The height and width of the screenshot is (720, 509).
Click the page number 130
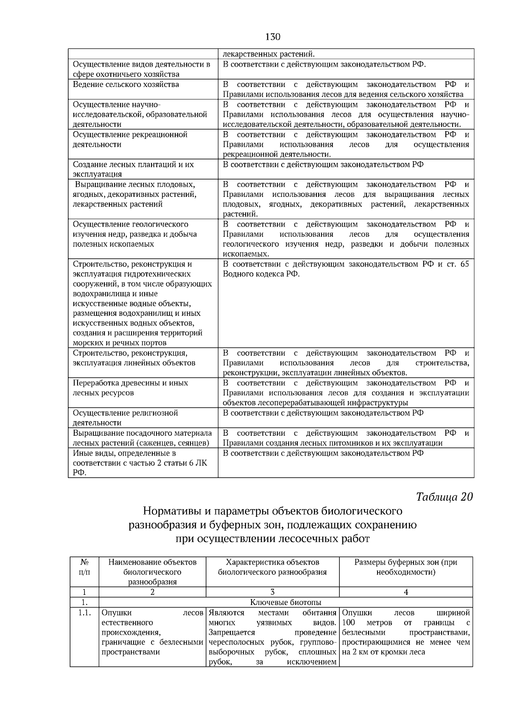(x=273, y=37)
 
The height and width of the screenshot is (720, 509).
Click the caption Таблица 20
(x=444, y=497)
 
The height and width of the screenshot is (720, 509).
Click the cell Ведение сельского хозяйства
(x=126, y=84)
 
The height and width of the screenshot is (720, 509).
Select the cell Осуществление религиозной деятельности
(x=126, y=417)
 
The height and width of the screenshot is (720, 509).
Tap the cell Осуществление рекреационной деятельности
(x=130, y=140)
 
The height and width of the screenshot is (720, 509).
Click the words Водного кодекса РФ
(x=261, y=274)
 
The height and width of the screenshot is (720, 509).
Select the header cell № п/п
(x=84, y=567)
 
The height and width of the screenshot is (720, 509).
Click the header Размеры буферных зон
(x=406, y=567)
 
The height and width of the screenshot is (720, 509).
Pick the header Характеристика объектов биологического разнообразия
(x=272, y=567)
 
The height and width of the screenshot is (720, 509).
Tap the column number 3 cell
(x=272, y=592)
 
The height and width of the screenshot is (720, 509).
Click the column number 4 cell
(x=406, y=592)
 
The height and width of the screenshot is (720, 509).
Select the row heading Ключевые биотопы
(x=285, y=602)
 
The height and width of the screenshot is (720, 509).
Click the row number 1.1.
(x=84, y=613)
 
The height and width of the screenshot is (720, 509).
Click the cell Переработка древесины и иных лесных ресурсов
(x=130, y=388)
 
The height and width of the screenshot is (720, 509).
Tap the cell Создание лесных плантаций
(x=133, y=169)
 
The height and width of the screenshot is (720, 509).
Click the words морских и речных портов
(x=120, y=343)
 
